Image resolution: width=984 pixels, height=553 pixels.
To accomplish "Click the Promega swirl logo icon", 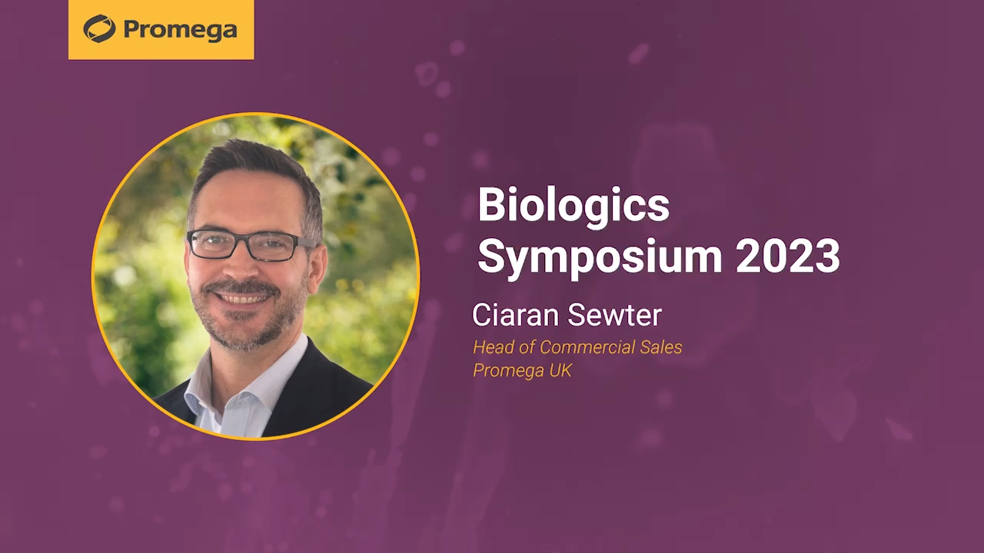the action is point(100,28).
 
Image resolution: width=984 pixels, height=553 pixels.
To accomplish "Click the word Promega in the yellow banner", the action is point(180,31).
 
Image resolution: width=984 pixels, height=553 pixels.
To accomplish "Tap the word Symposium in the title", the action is point(600,258).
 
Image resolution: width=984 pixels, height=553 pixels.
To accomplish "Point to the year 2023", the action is point(788,256).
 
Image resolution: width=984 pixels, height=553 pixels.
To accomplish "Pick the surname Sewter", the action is point(614,315).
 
